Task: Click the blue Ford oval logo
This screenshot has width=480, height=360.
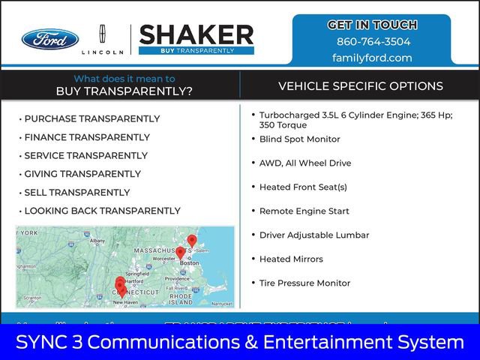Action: [50, 39]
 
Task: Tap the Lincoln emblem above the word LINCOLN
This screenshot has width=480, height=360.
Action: [103, 35]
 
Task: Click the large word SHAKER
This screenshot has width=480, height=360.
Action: [196, 34]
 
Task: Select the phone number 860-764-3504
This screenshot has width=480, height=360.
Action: [373, 42]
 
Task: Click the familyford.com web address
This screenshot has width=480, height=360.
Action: [372, 58]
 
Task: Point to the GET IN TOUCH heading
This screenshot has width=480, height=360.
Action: [373, 25]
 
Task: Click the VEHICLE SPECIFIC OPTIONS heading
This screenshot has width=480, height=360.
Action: [361, 86]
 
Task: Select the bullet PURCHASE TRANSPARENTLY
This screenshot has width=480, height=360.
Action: [92, 118]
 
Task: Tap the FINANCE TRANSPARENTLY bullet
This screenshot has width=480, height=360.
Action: [87, 137]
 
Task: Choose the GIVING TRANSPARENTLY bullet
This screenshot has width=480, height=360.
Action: [82, 174]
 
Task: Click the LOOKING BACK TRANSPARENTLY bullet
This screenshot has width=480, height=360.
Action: [103, 211]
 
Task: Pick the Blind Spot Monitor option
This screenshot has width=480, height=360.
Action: [299, 139]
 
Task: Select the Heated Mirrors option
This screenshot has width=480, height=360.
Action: [291, 259]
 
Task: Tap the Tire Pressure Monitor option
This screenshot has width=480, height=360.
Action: [304, 283]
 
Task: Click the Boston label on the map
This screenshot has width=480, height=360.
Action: [190, 263]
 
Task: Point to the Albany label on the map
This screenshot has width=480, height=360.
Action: [97, 241]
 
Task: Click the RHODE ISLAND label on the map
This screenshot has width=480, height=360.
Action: [181, 298]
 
